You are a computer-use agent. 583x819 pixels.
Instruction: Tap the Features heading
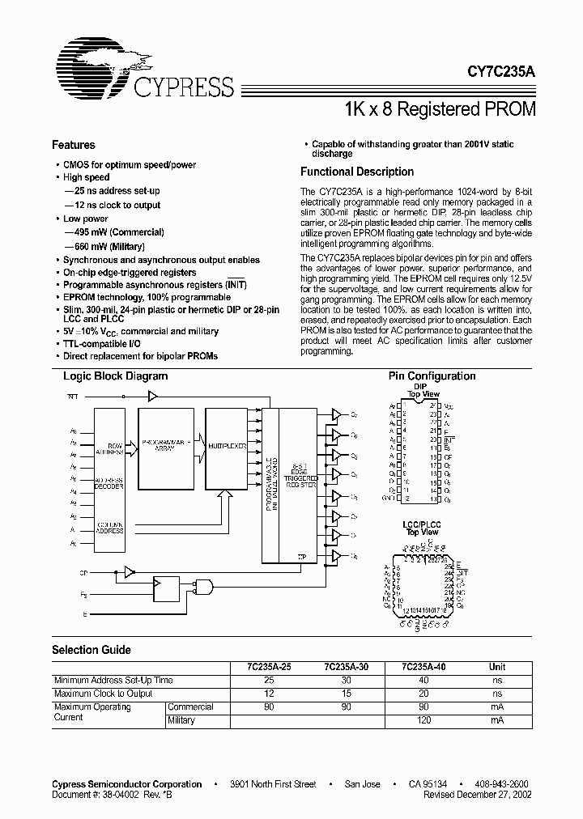coord(73,145)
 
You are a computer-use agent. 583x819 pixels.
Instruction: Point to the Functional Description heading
coord(356,172)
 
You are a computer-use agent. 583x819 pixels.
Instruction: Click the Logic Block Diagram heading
coord(115,376)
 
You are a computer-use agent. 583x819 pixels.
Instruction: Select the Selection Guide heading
coord(91,650)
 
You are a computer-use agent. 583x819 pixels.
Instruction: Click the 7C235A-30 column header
coord(346,667)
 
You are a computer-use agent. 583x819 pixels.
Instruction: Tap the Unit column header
coord(496,667)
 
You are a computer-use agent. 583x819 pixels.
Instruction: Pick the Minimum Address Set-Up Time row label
coord(113,681)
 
